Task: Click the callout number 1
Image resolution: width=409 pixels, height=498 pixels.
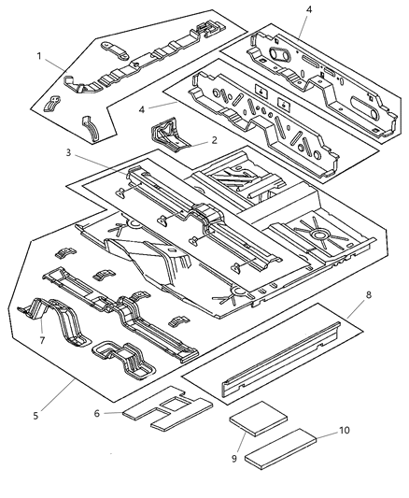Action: pos(37,57)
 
